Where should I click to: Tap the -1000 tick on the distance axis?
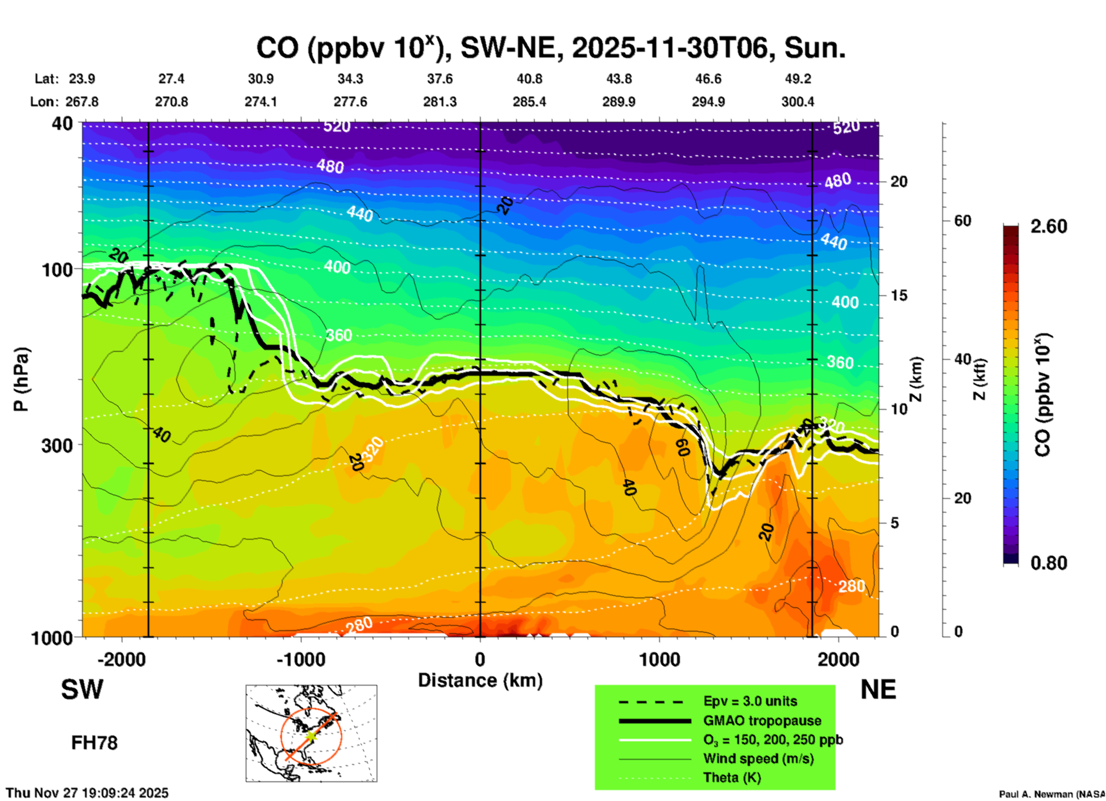300,659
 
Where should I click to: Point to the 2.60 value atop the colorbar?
1049,226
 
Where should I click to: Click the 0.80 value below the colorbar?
1049,563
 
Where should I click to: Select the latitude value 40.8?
529,79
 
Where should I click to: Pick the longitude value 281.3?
440,102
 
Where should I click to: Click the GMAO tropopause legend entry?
761,721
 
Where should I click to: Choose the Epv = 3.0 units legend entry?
749,701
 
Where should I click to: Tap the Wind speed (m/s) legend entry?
758,758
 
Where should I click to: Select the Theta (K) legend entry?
732,777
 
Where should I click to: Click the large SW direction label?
82,690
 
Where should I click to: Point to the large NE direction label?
878,690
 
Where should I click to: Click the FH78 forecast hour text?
94,743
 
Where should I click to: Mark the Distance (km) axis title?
480,680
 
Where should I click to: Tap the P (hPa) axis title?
21,379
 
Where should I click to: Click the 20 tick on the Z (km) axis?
899,182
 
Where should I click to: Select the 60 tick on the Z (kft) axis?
962,221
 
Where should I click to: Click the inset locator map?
311,733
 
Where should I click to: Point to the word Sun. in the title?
815,48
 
